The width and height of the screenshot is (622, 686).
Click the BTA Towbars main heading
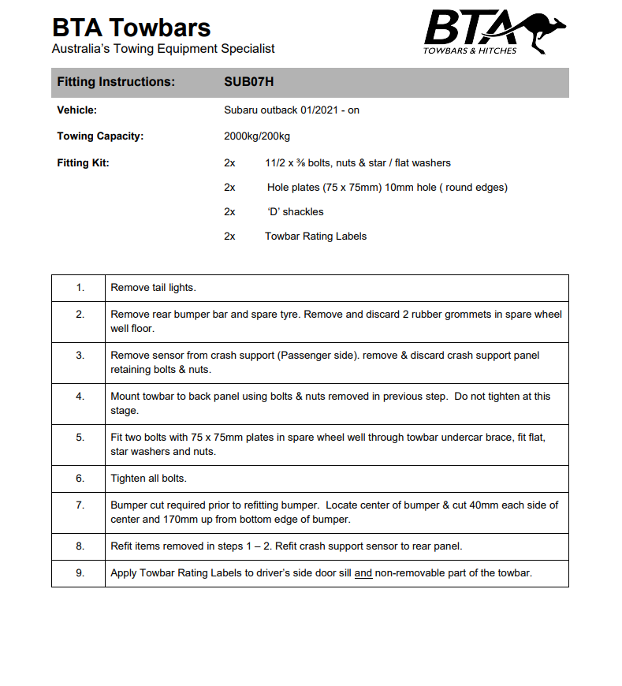pyautogui.click(x=131, y=28)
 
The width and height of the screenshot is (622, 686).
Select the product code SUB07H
pyautogui.click(x=248, y=82)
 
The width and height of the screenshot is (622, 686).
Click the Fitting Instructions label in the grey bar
pyautogui.click(x=116, y=82)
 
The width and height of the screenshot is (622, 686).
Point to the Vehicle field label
pyautogui.click(x=76, y=110)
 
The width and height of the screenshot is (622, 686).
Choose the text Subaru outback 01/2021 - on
pyautogui.click(x=291, y=110)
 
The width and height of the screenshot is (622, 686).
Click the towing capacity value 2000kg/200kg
pyautogui.click(x=257, y=136)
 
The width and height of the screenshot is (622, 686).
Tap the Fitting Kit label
pyautogui.click(x=83, y=163)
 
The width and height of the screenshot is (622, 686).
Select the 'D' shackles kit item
pyautogui.click(x=295, y=211)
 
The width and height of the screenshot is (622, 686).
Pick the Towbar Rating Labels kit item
pyautogui.click(x=315, y=236)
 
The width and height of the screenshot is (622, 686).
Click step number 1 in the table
pyautogui.click(x=80, y=288)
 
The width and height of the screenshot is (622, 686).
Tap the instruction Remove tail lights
pyautogui.click(x=153, y=288)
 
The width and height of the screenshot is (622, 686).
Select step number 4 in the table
pyautogui.click(x=80, y=397)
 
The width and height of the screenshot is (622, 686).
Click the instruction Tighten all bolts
pyautogui.click(x=148, y=479)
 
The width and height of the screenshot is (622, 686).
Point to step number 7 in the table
pyautogui.click(x=80, y=505)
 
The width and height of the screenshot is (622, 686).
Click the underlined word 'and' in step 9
pyautogui.click(x=363, y=573)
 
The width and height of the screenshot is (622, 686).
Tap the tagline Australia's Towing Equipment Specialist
pyautogui.click(x=163, y=49)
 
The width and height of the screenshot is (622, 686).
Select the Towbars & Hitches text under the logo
pyautogui.click(x=470, y=50)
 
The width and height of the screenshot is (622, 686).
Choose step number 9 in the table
pyautogui.click(x=80, y=573)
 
